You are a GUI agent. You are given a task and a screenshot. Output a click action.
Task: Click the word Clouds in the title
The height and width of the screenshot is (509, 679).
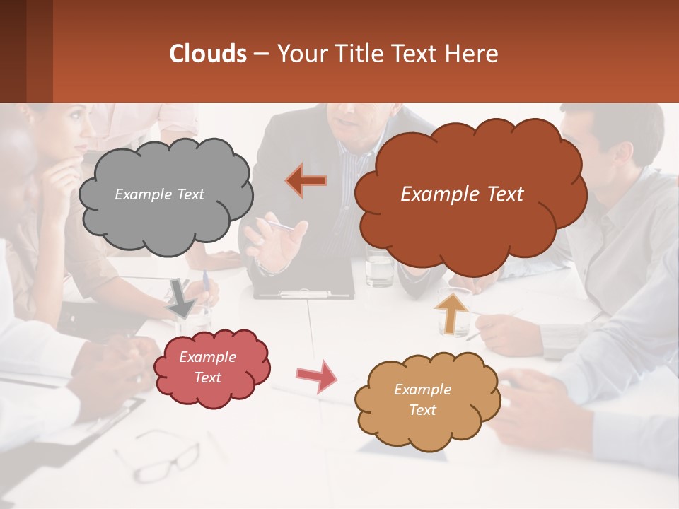click(x=208, y=54)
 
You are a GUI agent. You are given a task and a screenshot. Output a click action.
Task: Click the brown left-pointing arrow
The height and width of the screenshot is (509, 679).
click(x=306, y=180)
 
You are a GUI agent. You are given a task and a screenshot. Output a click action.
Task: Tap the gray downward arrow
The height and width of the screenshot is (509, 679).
click(x=182, y=298)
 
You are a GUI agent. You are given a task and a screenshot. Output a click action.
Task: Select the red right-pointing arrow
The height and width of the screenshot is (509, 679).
click(x=316, y=376)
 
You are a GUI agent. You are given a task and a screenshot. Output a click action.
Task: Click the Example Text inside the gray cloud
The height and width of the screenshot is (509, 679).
click(x=159, y=194)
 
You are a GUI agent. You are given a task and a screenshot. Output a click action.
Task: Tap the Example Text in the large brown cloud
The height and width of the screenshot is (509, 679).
click(x=462, y=194)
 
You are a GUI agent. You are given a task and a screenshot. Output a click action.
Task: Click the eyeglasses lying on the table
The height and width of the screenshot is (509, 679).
click(x=159, y=452)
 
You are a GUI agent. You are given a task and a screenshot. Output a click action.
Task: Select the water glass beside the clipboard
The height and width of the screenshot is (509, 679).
click(x=380, y=269)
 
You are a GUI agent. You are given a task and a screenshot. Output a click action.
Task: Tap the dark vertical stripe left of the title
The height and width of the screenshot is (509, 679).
click(x=40, y=51)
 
